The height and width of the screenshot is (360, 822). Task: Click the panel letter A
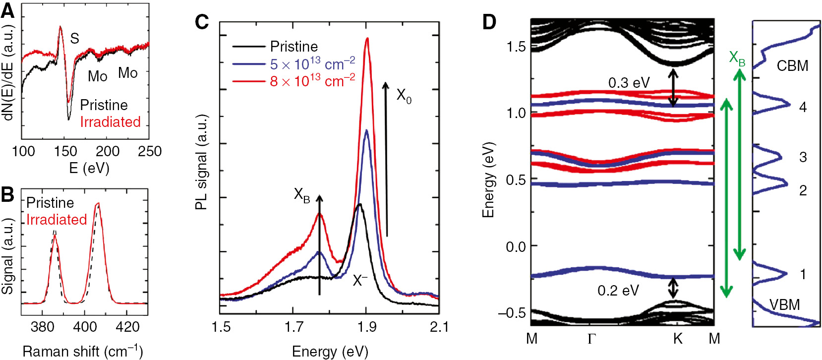8,11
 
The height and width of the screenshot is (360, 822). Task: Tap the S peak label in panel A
74,38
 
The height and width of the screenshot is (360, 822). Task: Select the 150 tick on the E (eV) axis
65,151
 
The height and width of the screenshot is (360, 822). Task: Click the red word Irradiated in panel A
110,122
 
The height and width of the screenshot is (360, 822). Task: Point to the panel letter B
7,195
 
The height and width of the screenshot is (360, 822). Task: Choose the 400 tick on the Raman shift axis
85,327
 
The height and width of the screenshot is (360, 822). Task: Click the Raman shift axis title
82,352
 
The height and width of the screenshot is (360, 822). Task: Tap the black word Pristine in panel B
50,203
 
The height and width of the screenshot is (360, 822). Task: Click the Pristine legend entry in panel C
294,47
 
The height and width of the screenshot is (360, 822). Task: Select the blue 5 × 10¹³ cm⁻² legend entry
312,64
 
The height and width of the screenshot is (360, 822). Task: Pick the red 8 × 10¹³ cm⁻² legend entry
312,81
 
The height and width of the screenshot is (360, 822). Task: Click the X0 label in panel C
404,96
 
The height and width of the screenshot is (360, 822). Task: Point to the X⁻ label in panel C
359,281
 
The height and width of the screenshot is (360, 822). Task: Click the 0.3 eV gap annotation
629,83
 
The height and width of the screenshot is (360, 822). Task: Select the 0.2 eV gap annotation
618,291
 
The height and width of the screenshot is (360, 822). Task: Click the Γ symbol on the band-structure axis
591,339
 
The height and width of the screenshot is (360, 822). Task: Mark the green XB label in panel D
737,59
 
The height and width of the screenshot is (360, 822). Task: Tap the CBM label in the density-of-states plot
792,66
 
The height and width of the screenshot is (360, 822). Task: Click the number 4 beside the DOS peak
803,107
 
